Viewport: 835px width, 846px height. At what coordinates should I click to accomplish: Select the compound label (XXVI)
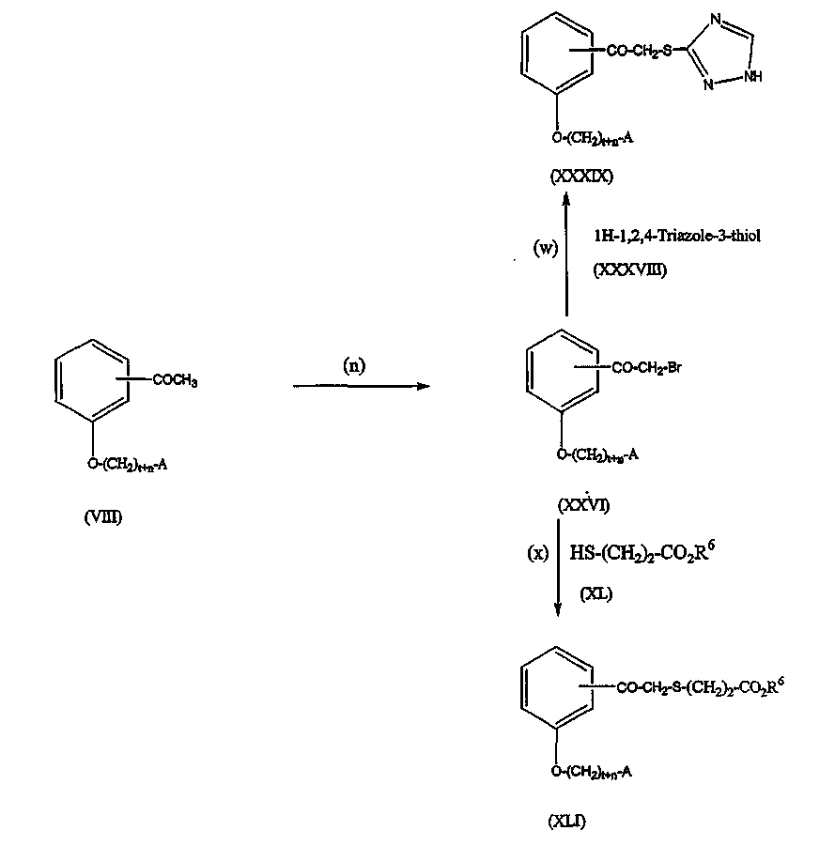(583, 506)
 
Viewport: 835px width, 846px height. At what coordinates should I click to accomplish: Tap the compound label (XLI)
(571, 821)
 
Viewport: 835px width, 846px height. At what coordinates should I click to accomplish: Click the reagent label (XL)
(596, 593)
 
